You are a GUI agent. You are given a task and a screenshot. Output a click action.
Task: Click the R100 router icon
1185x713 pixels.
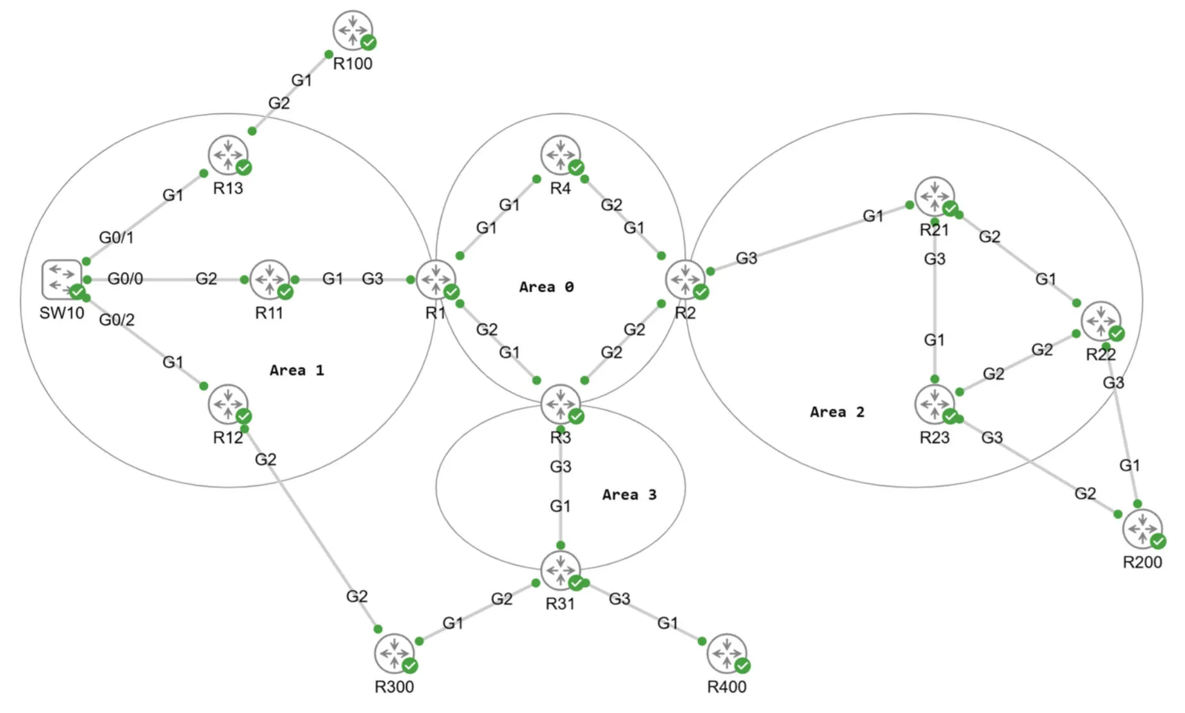(352, 29)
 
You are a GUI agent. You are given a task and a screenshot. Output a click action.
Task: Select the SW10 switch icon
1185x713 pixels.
(62, 279)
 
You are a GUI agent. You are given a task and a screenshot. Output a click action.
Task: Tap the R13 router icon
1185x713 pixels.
(228, 154)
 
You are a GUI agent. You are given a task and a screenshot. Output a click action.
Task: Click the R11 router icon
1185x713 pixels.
(269, 279)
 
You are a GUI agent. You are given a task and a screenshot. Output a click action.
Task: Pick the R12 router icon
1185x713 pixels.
(228, 404)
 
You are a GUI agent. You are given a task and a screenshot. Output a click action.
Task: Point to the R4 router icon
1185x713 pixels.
(560, 154)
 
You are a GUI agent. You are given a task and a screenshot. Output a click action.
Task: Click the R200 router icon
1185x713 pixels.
(1142, 529)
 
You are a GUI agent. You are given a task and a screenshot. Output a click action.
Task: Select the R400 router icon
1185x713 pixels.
(726, 653)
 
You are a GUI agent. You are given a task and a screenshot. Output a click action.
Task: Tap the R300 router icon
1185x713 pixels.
(394, 653)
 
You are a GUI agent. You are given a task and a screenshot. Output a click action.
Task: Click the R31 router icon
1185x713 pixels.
(560, 570)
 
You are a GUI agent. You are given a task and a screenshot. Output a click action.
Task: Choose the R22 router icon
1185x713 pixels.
(1100, 321)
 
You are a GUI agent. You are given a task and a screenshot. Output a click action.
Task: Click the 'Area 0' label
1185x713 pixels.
(546, 287)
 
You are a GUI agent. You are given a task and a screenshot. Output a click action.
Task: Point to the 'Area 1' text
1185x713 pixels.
(297, 370)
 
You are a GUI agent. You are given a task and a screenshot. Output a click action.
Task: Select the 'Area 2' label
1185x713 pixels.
(837, 412)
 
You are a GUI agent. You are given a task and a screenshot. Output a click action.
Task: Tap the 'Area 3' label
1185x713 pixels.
(629, 495)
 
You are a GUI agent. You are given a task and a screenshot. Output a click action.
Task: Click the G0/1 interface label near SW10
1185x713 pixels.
(116, 238)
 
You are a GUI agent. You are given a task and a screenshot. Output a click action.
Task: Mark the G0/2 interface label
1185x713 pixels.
(117, 320)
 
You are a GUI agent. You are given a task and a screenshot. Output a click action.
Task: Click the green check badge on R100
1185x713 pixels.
(369, 42)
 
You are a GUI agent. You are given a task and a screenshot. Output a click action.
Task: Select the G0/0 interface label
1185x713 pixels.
(125, 279)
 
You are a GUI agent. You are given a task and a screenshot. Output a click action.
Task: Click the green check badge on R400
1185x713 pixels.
(742, 666)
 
